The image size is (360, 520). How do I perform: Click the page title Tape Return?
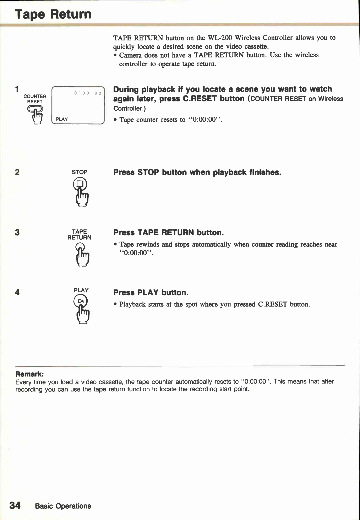pos(53,14)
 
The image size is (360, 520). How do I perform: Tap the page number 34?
pos(15,505)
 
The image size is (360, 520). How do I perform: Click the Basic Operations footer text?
pos(63,506)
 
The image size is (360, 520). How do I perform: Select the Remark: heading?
pos(29,374)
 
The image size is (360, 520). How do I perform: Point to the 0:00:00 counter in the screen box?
pos(88,93)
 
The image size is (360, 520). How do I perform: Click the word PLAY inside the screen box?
pos(62,119)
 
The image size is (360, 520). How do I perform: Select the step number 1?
pos(17,89)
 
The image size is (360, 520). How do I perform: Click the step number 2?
pos(17,172)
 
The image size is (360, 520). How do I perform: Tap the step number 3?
pos(17,232)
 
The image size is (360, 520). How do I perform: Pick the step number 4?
pos(17,292)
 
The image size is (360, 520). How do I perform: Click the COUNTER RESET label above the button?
pos(35,99)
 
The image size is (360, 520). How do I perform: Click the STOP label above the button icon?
pos(80,172)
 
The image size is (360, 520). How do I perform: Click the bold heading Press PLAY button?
pos(151,293)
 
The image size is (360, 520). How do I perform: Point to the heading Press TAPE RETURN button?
pos(168,232)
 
